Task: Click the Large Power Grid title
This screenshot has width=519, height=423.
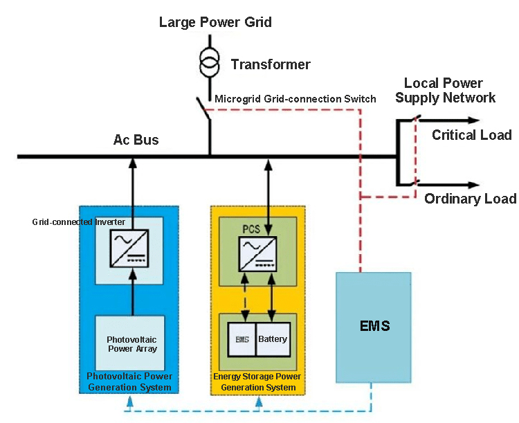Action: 215,22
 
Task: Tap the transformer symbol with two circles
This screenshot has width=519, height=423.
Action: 208,63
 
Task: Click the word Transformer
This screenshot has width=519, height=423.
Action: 271,64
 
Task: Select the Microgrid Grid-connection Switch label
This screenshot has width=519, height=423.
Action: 295,99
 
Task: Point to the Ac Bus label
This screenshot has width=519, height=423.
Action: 136,141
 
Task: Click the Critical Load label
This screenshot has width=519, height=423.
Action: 472,135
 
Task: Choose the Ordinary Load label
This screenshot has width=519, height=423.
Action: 470,199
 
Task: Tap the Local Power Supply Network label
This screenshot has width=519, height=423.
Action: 445,91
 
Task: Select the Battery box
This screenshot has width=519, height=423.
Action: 273,340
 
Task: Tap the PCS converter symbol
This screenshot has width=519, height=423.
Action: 257,254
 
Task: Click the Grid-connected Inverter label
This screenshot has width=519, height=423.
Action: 70,222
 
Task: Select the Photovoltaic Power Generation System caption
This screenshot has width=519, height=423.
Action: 129,381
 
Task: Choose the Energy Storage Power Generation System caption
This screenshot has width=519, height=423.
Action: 257,381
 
